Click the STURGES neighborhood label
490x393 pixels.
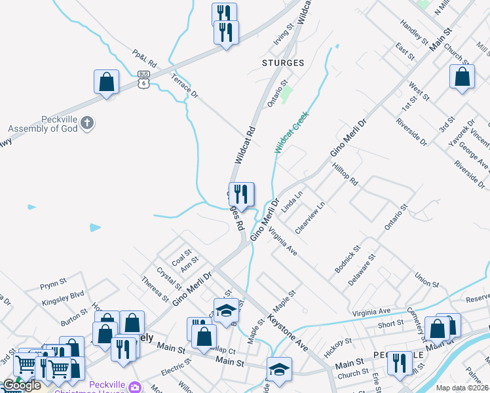283,63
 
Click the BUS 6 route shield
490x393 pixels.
144,79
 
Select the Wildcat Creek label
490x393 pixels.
291,132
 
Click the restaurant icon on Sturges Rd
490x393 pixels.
241,194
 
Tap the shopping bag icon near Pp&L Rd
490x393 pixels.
106,83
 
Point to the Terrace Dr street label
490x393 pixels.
184,86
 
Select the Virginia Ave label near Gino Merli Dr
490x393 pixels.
283,240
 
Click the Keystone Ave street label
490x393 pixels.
288,332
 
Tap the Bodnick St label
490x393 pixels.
348,259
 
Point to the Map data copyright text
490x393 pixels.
462,388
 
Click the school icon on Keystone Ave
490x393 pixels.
226,310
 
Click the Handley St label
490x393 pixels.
413,28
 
